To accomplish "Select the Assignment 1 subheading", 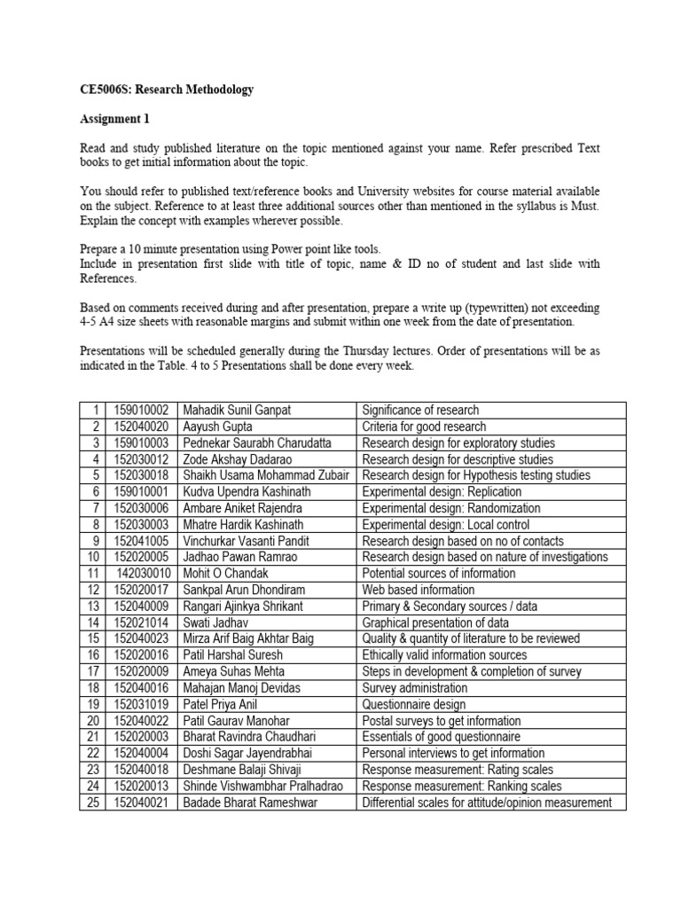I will pos(110,119).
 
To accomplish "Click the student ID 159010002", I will pos(142,410).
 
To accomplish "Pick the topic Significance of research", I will pos(420,410).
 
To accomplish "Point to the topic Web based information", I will pos(418,590).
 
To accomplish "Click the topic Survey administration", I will pos(414,688).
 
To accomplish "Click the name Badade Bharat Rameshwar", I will pos(249,802).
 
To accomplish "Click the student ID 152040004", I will pos(142,754).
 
